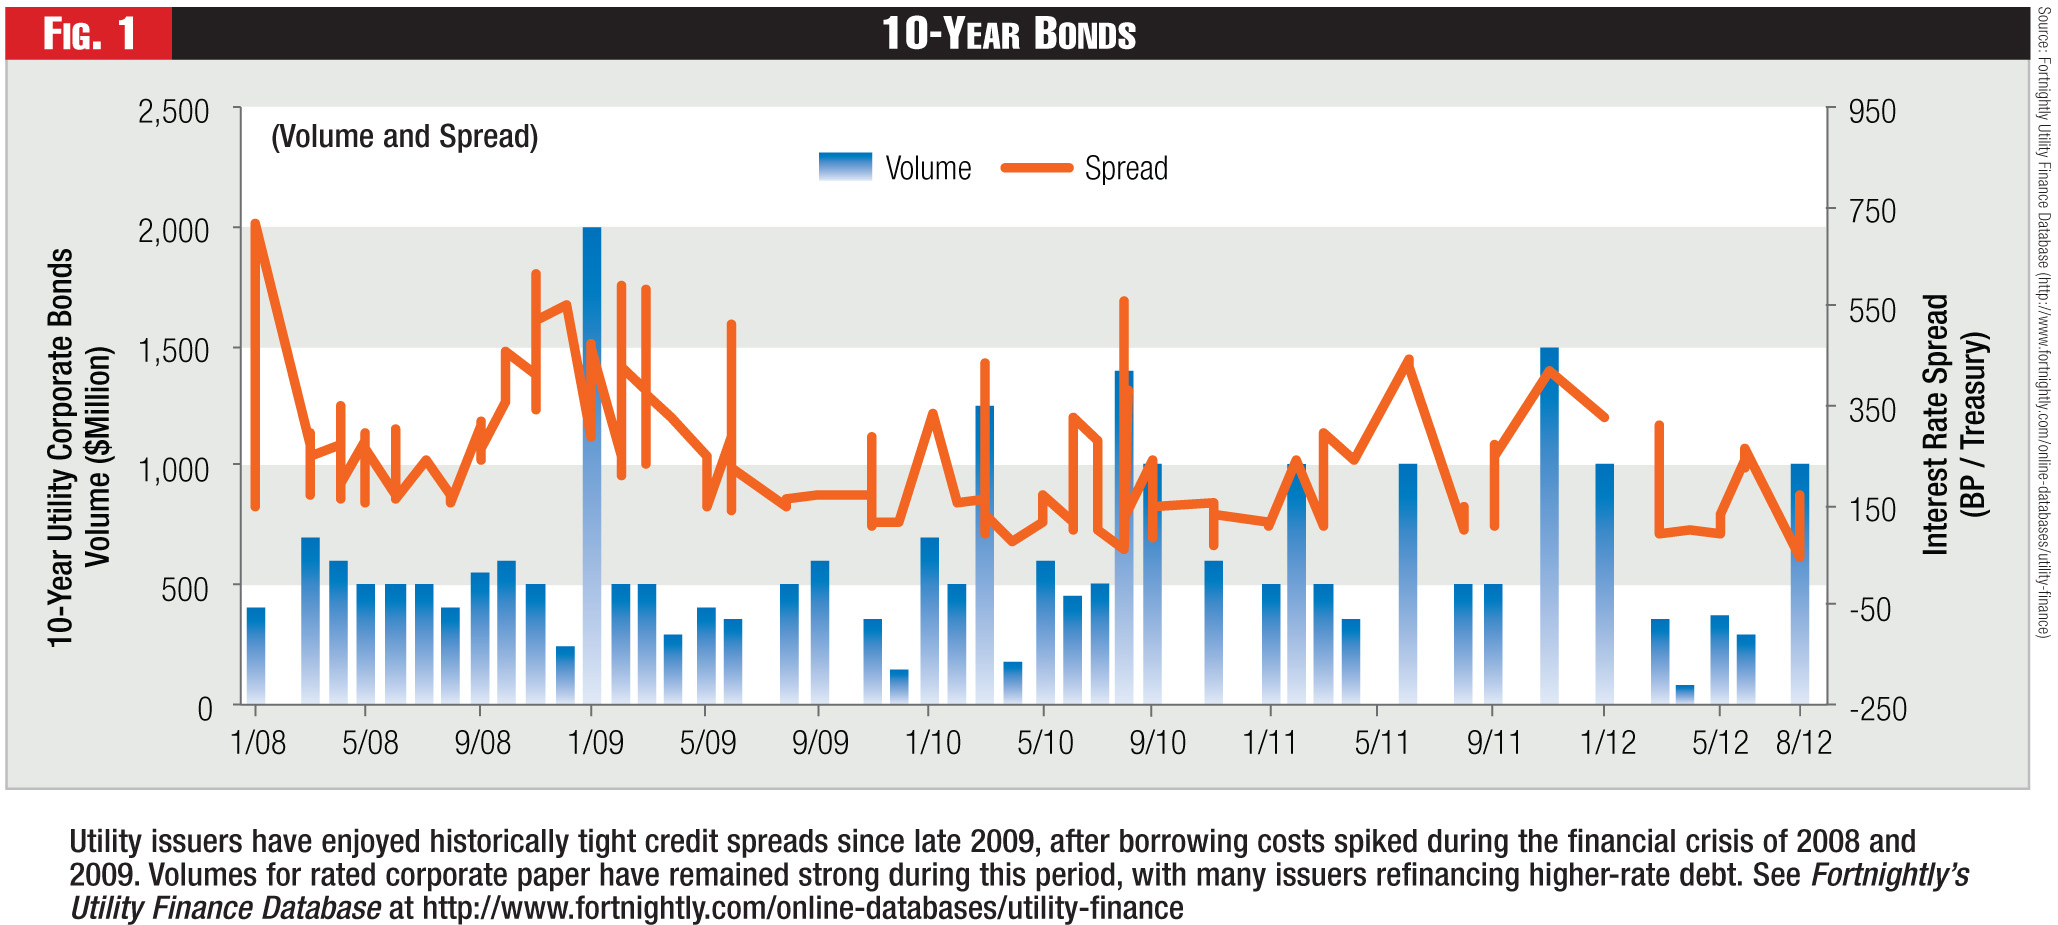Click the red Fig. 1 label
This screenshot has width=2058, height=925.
pos(88,33)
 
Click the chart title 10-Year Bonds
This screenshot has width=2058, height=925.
pos(1008,33)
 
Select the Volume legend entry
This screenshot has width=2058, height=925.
pos(895,168)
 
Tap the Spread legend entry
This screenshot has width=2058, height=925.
pos(1086,168)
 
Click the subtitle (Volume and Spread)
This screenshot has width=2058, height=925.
pos(404,136)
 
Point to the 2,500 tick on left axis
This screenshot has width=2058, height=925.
pos(174,111)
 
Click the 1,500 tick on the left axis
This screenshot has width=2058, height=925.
pos(174,350)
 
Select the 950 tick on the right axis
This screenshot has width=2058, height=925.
pos(1872,111)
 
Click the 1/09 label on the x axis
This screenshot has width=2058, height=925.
pos(595,742)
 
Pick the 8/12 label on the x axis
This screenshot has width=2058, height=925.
pos(1803,742)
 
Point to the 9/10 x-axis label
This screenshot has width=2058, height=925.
pos(1157,742)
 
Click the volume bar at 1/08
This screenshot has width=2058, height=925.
pos(256,655)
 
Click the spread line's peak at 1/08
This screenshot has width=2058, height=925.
pos(255,224)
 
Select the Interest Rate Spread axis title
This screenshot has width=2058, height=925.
pos(1954,424)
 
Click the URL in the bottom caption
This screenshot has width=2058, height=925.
pos(802,908)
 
